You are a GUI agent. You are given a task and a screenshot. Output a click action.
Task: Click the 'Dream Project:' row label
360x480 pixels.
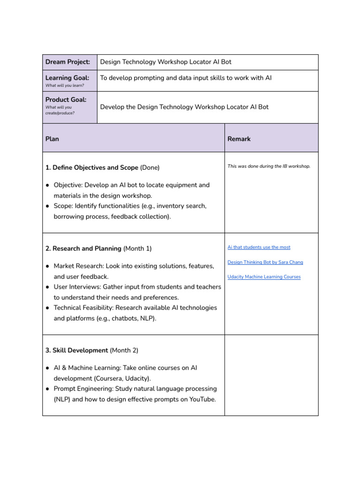67,62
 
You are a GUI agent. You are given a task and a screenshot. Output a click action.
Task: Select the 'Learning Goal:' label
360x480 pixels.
67,78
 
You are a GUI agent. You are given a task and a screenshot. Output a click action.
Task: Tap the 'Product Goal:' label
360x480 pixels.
66,99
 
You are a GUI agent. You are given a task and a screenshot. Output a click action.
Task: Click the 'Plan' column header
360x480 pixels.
52,139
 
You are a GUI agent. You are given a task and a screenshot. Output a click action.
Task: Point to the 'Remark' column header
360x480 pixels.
239,139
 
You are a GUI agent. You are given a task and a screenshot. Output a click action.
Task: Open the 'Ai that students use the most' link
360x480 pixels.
259,247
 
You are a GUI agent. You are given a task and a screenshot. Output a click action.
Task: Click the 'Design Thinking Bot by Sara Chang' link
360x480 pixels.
265,262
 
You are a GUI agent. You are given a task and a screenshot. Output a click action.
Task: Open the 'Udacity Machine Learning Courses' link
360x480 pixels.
264,277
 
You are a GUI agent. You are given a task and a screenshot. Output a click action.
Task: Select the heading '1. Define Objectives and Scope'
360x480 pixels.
91,167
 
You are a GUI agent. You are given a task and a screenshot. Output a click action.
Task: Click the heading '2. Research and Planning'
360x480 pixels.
83,248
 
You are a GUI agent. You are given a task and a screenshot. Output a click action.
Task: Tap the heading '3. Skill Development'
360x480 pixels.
76,350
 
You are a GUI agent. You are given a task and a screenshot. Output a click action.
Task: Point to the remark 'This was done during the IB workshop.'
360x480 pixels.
269,166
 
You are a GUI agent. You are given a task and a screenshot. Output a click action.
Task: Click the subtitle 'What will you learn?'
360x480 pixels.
65,85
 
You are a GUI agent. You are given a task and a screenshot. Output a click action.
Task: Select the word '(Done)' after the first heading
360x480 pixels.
150,167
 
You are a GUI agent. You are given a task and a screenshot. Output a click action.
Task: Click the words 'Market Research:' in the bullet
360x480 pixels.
78,266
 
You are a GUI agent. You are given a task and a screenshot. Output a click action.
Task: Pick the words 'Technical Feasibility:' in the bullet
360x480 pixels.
83,307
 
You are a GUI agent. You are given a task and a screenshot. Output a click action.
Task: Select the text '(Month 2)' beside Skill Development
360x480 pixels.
124,350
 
